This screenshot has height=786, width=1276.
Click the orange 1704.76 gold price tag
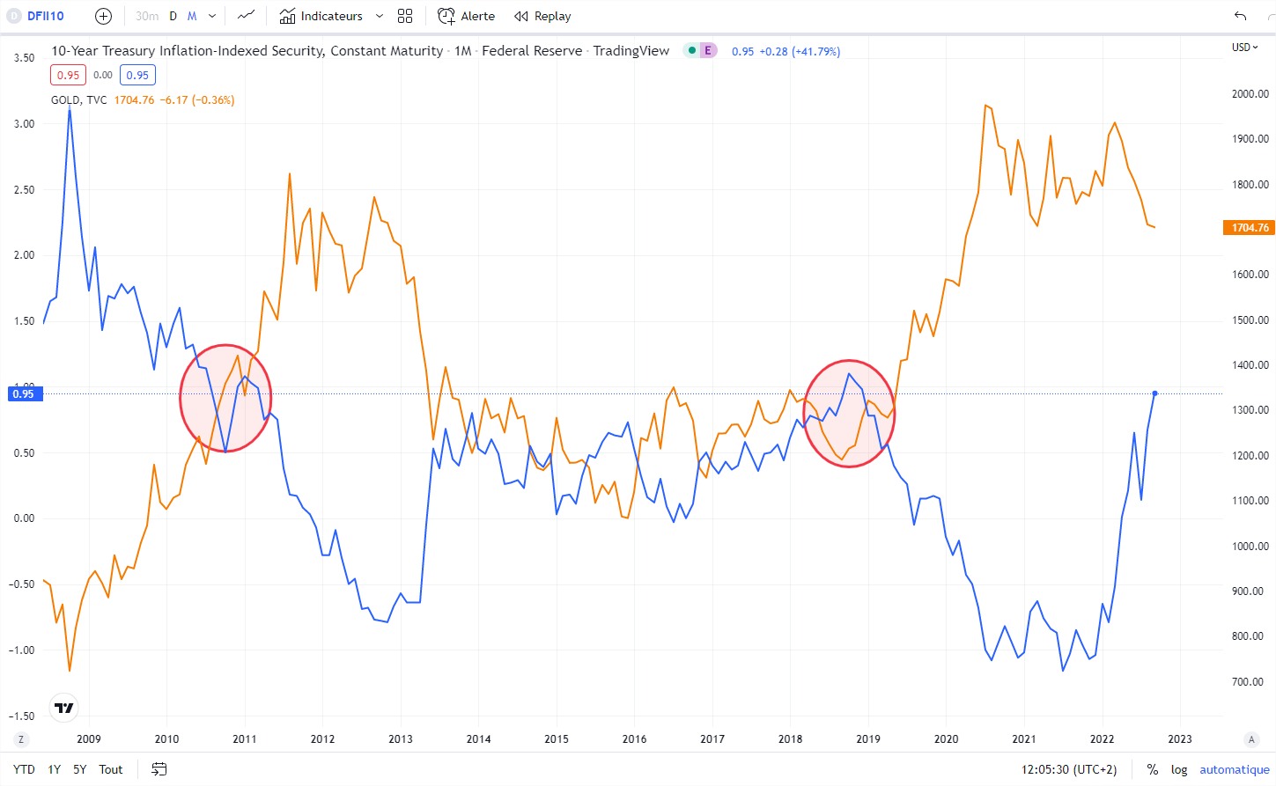pyautogui.click(x=1250, y=228)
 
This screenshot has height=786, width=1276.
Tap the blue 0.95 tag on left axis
pyautogui.click(x=23, y=394)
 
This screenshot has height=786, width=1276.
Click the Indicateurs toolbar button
pyautogui.click(x=321, y=16)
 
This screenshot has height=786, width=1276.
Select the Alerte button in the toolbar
pyautogui.click(x=467, y=16)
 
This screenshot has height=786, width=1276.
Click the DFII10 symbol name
pyautogui.click(x=45, y=16)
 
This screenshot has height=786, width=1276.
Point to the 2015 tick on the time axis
pyautogui.click(x=557, y=739)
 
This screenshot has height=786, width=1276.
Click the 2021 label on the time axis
pyautogui.click(x=1024, y=739)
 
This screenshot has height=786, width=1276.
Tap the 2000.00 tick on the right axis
pyautogui.click(x=1250, y=94)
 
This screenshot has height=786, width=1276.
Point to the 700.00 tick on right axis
pyautogui.click(x=1247, y=682)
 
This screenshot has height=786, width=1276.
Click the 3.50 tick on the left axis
pyautogui.click(x=24, y=58)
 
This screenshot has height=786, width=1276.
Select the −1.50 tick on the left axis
pyautogui.click(x=22, y=716)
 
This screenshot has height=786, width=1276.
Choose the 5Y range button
pyautogui.click(x=79, y=769)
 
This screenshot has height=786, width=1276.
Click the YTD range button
pyautogui.click(x=24, y=769)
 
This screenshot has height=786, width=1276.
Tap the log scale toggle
pyautogui.click(x=1179, y=769)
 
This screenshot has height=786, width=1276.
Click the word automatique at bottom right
pyautogui.click(x=1234, y=769)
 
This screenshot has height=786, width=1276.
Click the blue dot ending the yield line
pyautogui.click(x=1154, y=393)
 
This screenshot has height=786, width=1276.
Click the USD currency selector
pyautogui.click(x=1244, y=48)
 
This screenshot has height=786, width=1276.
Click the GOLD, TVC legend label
pyautogui.click(x=78, y=100)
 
